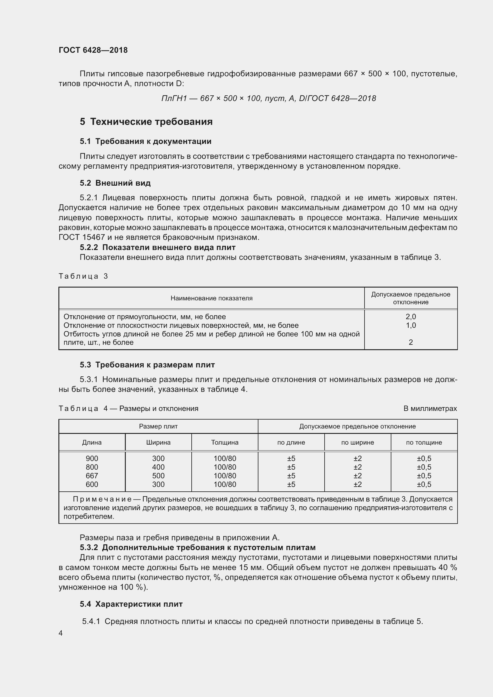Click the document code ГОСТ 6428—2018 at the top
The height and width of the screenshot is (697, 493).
(x=93, y=50)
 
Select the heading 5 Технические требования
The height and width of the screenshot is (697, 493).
(x=146, y=122)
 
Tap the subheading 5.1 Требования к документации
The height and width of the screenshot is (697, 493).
(x=145, y=141)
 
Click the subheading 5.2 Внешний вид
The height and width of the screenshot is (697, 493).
(x=115, y=183)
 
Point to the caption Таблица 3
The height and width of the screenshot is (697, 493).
(x=83, y=276)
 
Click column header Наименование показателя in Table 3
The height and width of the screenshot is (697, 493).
(x=211, y=298)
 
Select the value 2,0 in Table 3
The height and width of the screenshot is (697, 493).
(x=410, y=317)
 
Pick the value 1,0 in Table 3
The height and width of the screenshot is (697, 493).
(x=410, y=325)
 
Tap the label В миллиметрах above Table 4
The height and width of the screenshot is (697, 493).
(x=430, y=408)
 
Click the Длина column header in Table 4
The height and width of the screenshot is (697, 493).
(x=92, y=442)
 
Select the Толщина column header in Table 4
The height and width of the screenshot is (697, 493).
(x=225, y=442)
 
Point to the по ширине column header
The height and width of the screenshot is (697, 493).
(x=357, y=442)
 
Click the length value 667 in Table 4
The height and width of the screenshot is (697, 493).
(x=92, y=476)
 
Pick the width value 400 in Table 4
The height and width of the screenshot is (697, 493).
(x=158, y=467)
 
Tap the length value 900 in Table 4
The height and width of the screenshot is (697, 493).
(x=92, y=458)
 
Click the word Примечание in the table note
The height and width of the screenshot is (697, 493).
(x=102, y=499)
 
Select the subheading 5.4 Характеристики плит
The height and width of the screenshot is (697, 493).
(x=131, y=604)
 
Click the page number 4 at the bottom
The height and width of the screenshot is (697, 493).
(x=61, y=633)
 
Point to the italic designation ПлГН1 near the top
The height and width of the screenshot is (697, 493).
(x=174, y=98)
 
